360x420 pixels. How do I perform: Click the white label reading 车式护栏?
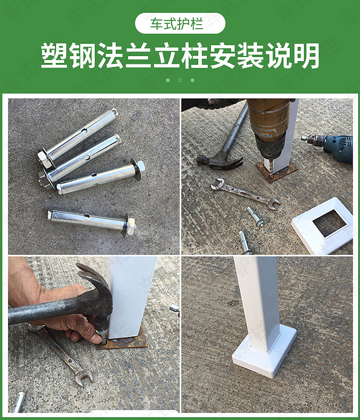(180, 24)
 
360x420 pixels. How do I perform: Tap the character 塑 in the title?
(55, 57)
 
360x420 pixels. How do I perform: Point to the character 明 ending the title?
(306, 57)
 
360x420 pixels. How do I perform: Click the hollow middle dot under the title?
(180, 80)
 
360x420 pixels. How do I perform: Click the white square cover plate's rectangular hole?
(329, 223)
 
